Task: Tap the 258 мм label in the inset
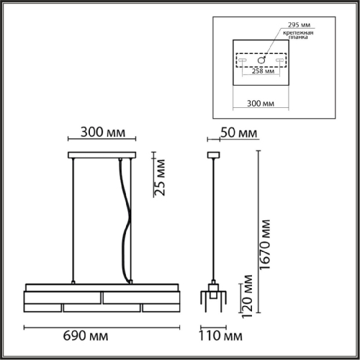[264, 71]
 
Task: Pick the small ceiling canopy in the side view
[212, 155]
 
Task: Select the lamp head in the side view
[212, 296]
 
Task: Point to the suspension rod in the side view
[212, 216]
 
